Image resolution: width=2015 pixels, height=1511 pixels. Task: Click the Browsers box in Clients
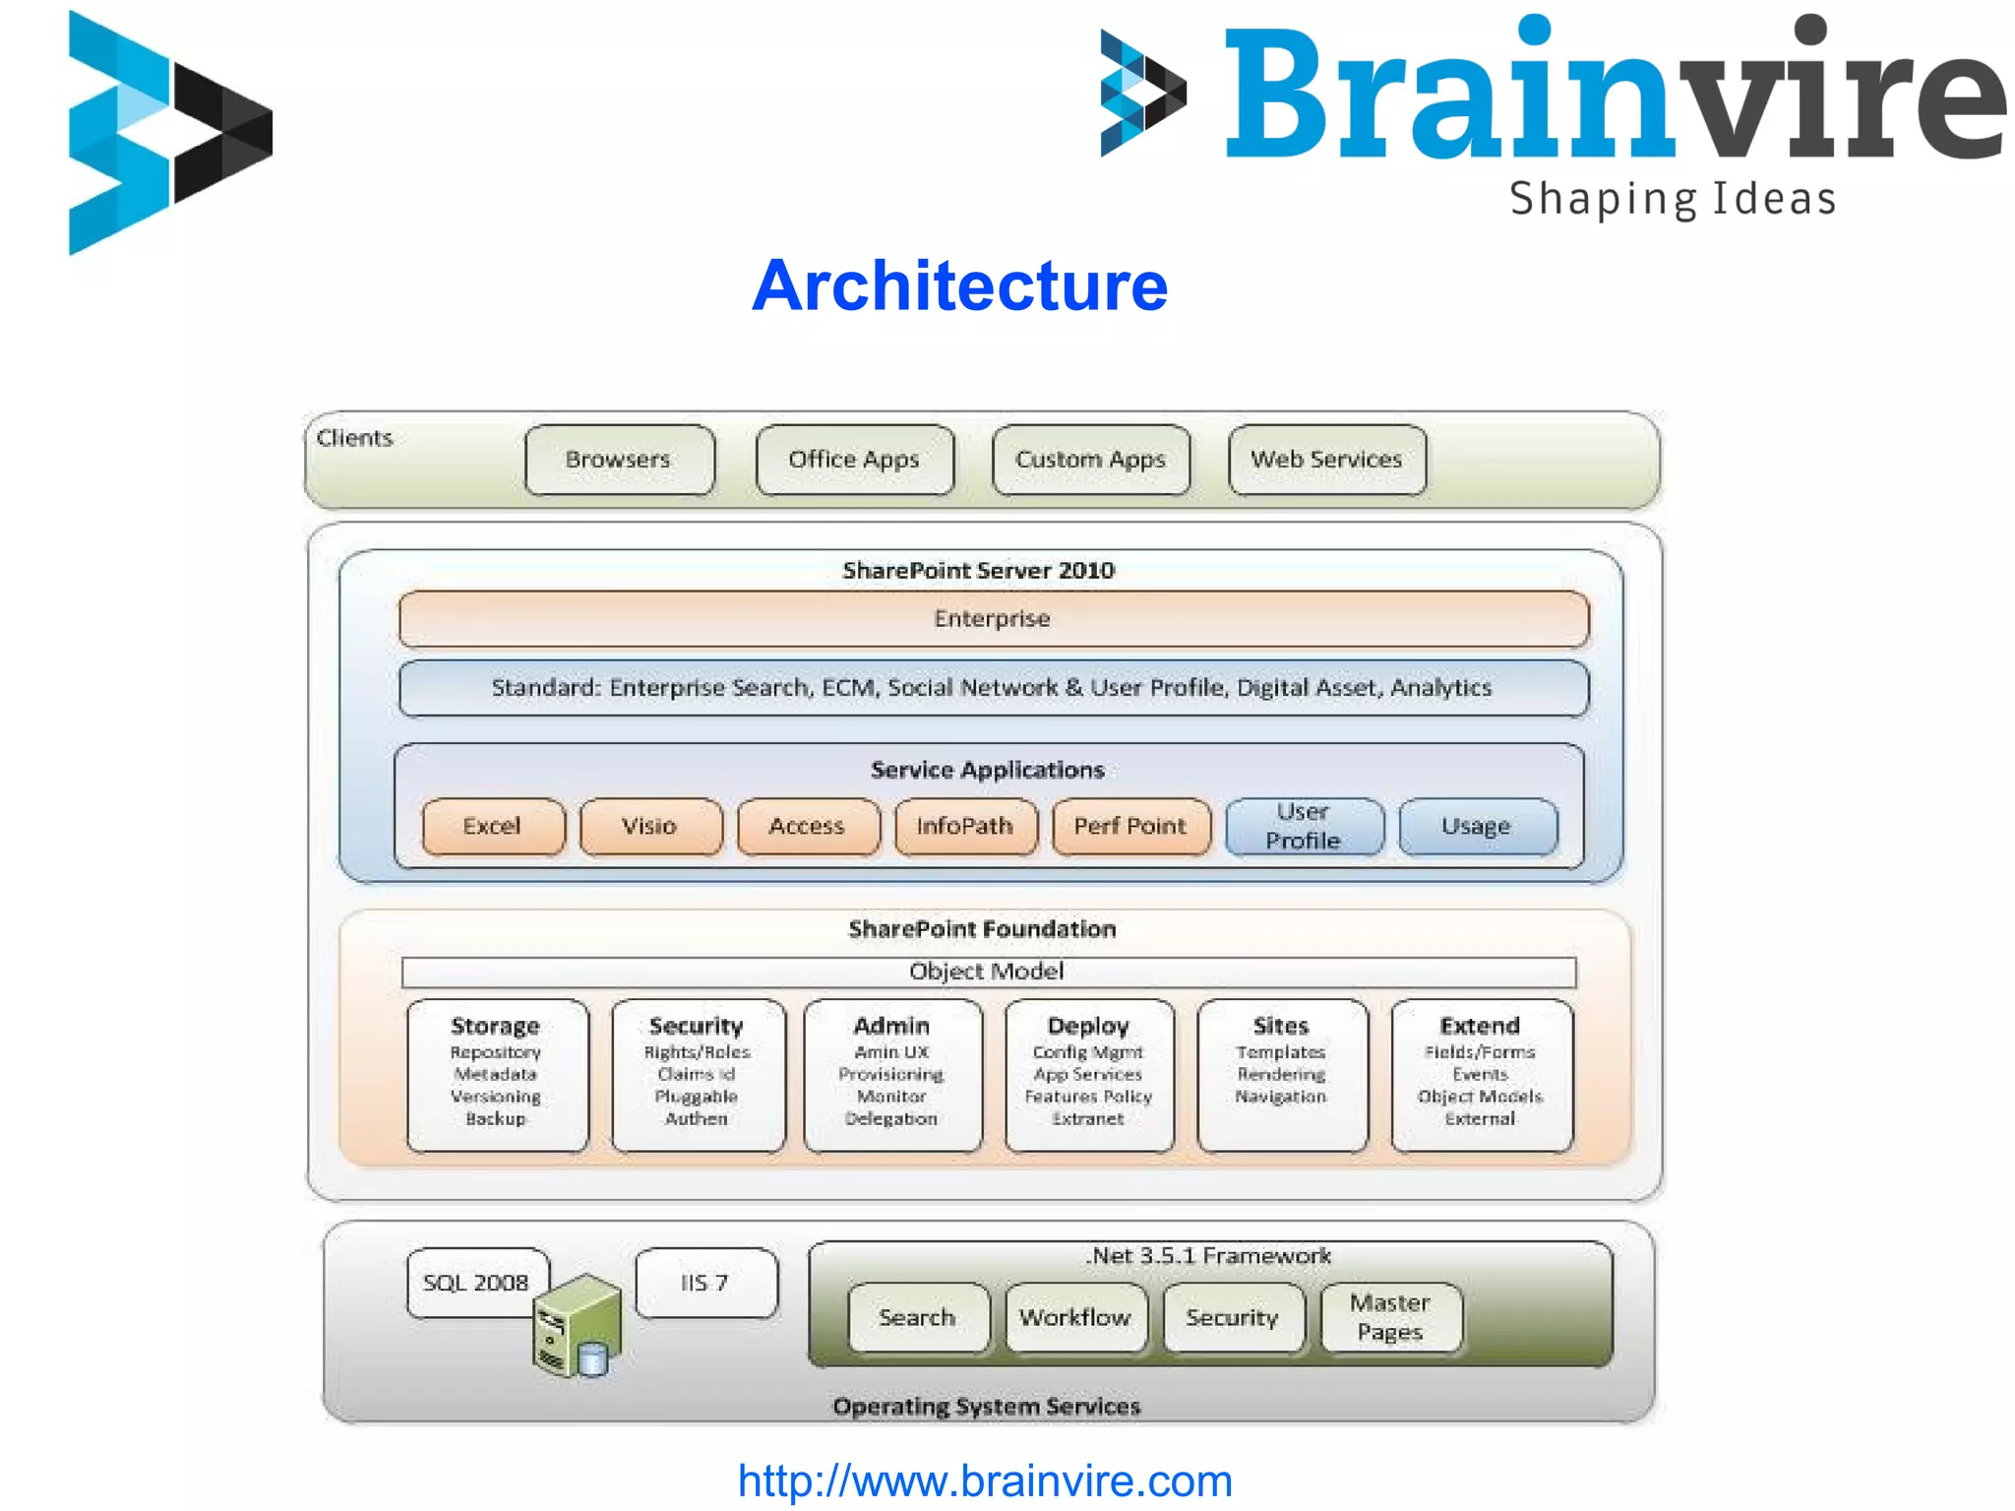619,460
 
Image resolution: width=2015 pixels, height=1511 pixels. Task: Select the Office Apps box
854,460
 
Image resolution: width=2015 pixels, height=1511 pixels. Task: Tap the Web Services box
1326,460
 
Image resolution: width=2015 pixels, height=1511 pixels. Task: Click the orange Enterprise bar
993,619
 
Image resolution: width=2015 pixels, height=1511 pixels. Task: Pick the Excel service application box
493,826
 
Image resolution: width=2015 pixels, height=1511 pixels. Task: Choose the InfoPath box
965,826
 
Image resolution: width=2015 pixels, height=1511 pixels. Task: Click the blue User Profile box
1304,826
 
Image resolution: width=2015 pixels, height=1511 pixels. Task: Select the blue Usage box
1477,826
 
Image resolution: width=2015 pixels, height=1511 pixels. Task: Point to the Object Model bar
988,972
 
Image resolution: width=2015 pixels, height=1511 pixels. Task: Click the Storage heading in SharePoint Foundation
495,1026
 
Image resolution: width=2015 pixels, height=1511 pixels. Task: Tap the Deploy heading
1088,1026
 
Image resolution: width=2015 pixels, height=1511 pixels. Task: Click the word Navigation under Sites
1281,1097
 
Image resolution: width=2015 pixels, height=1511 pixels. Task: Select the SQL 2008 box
476,1283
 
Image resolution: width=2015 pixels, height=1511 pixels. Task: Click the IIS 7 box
705,1283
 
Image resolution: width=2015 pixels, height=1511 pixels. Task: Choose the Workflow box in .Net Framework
1075,1317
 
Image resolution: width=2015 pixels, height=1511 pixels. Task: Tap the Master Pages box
1390,1317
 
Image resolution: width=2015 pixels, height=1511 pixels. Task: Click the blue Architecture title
959,286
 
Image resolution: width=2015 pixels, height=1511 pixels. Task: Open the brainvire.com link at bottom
985,1480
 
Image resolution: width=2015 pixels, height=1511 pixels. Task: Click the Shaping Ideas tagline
1673,199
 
